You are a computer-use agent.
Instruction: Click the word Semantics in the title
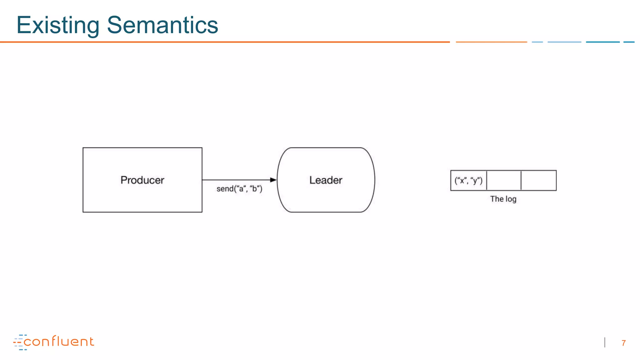pos(162,25)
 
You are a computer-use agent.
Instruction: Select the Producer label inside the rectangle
pos(142,180)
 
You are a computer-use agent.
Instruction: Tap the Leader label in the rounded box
pos(326,180)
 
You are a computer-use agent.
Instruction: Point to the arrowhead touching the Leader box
pos(273,180)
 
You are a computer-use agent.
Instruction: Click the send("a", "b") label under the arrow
pos(239,189)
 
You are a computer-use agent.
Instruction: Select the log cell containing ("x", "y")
pos(468,180)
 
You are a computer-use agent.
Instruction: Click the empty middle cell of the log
pos(504,180)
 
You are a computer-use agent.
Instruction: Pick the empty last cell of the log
pos(539,180)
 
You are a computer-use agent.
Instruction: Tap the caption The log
pos(503,199)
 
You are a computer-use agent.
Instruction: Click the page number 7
pos(623,343)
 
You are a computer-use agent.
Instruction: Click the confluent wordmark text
pos(59,342)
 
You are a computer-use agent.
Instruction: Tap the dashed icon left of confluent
pos(19,342)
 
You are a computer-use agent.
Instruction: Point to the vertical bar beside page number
pos(605,342)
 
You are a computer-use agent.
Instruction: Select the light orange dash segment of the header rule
pos(491,42)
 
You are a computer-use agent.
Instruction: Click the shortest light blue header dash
pos(537,42)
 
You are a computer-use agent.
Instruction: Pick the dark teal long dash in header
pos(602,42)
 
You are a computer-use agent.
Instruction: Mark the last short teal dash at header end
pos(629,42)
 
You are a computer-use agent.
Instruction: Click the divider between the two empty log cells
pos(521,180)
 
